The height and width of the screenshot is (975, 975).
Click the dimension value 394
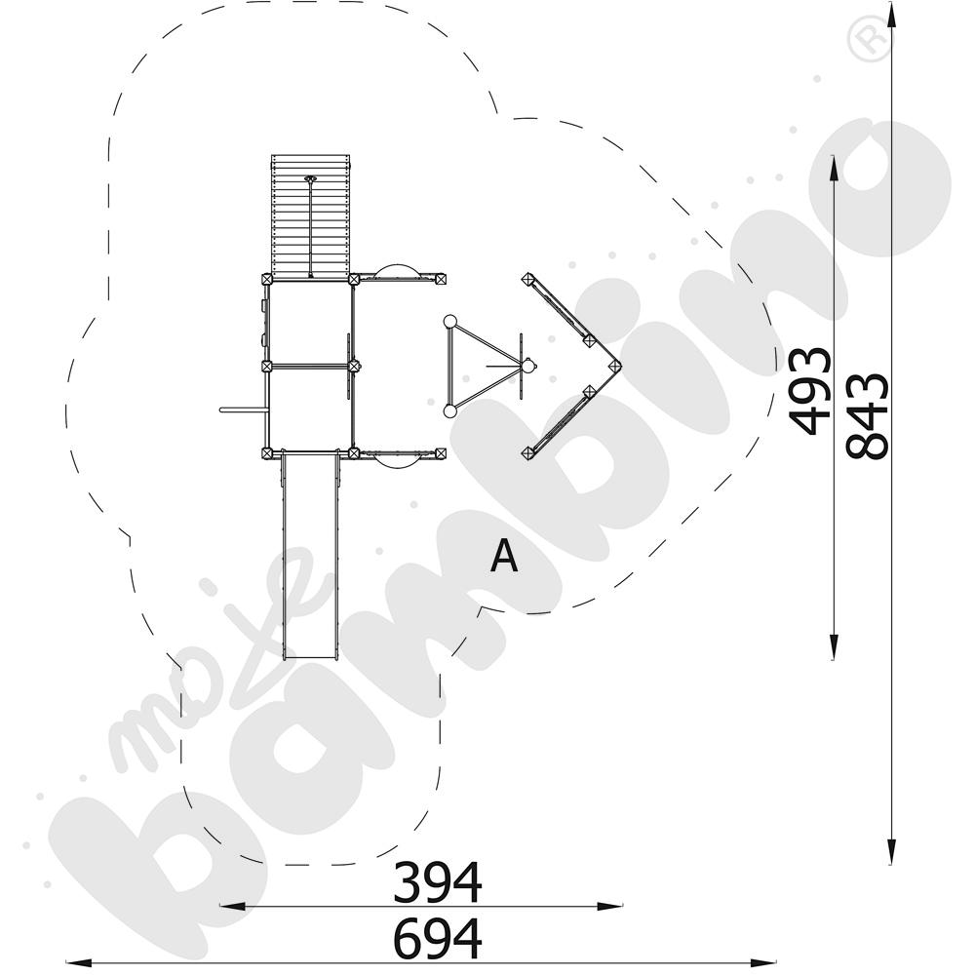pos(437,881)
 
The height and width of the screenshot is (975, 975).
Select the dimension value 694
pos(437,938)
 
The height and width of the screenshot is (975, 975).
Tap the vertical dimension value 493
pos(810,391)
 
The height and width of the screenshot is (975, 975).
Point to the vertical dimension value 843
pos(868,416)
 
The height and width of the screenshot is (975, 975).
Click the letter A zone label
pos(504,556)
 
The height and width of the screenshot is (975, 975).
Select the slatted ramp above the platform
pos(311,215)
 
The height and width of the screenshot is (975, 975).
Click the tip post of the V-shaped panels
pos(615,366)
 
